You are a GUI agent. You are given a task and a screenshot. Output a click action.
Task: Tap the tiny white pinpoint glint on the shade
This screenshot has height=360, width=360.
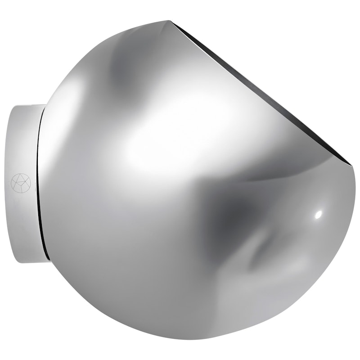(x=318, y=214)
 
